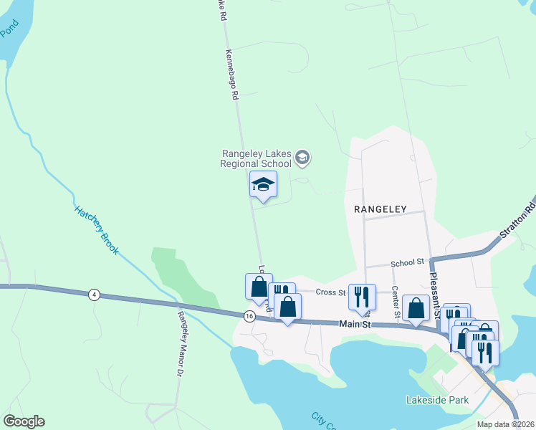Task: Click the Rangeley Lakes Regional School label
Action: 257,158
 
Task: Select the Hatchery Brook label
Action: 97,231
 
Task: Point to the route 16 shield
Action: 249,316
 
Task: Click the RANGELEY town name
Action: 380,209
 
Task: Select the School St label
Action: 408,264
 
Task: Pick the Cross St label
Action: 331,292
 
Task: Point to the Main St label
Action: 354,325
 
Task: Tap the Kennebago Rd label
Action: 231,79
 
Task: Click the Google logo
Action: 24,421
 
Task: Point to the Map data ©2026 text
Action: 504,424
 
